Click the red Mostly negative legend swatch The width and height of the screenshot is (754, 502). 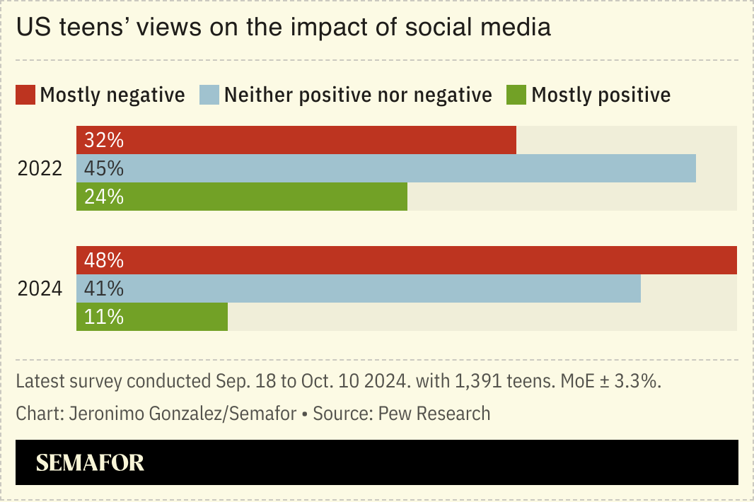point(25,95)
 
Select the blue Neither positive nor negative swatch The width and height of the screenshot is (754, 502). point(210,95)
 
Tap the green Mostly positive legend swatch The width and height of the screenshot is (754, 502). point(516,95)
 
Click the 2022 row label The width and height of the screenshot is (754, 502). point(40,169)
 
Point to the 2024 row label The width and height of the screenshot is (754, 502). point(40,289)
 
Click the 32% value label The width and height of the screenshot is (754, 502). point(104,141)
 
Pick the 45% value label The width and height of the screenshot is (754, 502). point(104,169)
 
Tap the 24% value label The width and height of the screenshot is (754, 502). point(104,197)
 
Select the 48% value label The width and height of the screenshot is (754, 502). point(104,261)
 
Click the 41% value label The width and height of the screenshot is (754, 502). point(104,289)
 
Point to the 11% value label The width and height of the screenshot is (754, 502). point(104,317)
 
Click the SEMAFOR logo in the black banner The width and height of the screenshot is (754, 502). point(90,463)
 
